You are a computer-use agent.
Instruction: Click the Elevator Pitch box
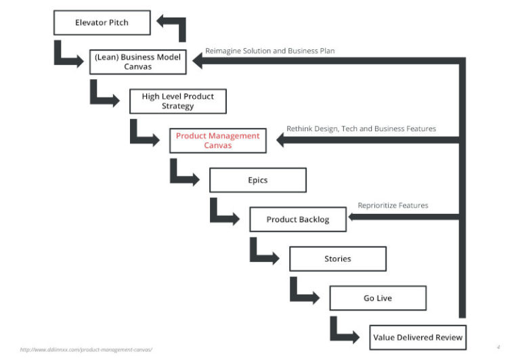tap(101, 23)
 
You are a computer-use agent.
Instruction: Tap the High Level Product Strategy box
tap(177, 102)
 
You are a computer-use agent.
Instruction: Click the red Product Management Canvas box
tap(217, 141)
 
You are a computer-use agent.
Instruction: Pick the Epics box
tap(257, 180)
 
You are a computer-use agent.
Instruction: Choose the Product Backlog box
tap(297, 219)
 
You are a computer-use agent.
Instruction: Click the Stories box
tap(337, 258)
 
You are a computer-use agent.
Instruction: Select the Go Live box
tap(377, 298)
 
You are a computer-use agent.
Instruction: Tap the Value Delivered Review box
tap(418, 337)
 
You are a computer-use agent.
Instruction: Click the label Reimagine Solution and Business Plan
tap(269, 51)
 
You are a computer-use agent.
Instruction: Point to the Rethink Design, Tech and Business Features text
tap(361, 129)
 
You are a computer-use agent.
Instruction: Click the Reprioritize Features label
tap(393, 206)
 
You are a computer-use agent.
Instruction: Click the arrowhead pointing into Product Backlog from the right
tap(356, 217)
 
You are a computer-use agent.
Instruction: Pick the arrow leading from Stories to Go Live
tap(305, 292)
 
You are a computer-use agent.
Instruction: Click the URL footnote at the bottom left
tap(86, 349)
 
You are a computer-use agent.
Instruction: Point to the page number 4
tap(498, 346)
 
